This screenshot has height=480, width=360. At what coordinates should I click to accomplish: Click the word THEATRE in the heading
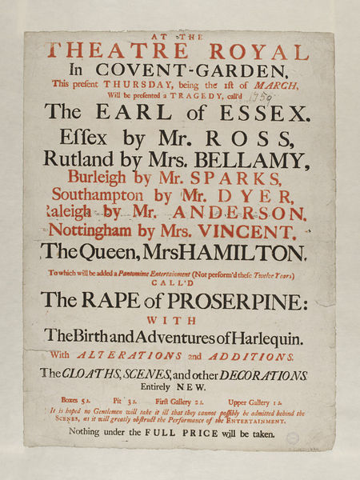pos(89,53)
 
